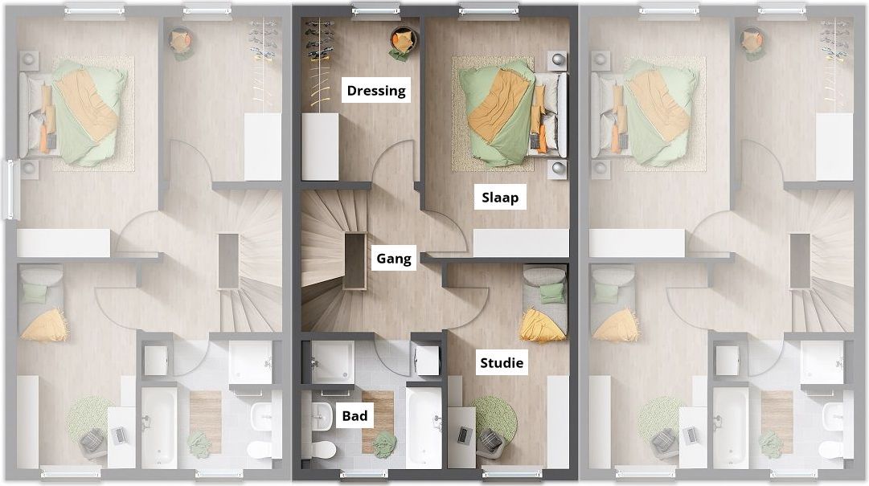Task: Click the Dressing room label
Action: [x=376, y=90]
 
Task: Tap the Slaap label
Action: [x=500, y=198]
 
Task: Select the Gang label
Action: [x=393, y=259]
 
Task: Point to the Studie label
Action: [x=502, y=362]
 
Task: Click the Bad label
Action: [x=355, y=415]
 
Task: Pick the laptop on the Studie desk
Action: [x=462, y=435]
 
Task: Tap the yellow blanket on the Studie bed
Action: [x=543, y=325]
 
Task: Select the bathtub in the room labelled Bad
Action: [x=424, y=426]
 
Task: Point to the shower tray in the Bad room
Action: [x=332, y=361]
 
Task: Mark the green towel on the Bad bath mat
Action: [x=384, y=443]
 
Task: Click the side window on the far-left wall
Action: [x=8, y=190]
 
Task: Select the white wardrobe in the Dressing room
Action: [x=320, y=147]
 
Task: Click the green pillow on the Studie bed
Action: [x=552, y=292]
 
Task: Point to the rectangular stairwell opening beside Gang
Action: [x=355, y=261]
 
